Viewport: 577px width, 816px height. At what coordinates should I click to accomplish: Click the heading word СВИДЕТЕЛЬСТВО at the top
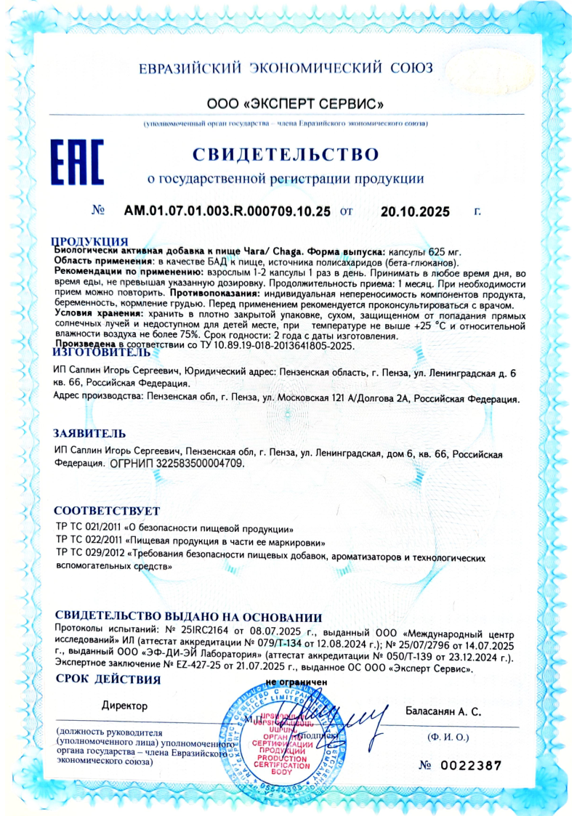[x=286, y=154]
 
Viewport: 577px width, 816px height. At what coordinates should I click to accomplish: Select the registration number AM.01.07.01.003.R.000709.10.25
[x=227, y=211]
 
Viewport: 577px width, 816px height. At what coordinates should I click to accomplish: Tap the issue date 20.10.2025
[x=415, y=212]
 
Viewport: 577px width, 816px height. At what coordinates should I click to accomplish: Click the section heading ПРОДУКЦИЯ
[x=90, y=241]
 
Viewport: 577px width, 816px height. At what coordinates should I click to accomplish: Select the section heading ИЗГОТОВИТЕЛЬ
[x=102, y=352]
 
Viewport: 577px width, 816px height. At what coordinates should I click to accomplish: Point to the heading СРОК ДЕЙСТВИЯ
[x=107, y=680]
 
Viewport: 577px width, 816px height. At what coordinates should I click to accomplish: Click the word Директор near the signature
[x=124, y=706]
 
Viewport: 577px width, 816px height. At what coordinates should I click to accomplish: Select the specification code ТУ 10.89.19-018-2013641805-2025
[x=276, y=347]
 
